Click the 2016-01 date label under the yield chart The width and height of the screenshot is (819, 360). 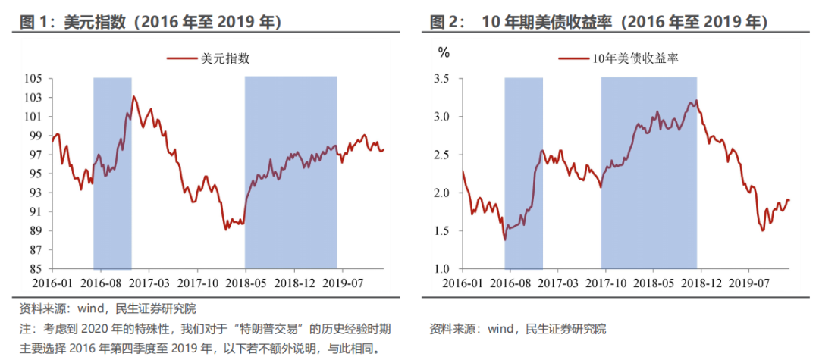pos(463,283)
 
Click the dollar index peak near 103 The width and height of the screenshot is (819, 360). pos(134,96)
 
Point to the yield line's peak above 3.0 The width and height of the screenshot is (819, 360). pos(696,100)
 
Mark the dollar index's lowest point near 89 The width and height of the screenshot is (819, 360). pos(226,229)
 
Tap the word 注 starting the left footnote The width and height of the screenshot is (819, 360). pos(25,330)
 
